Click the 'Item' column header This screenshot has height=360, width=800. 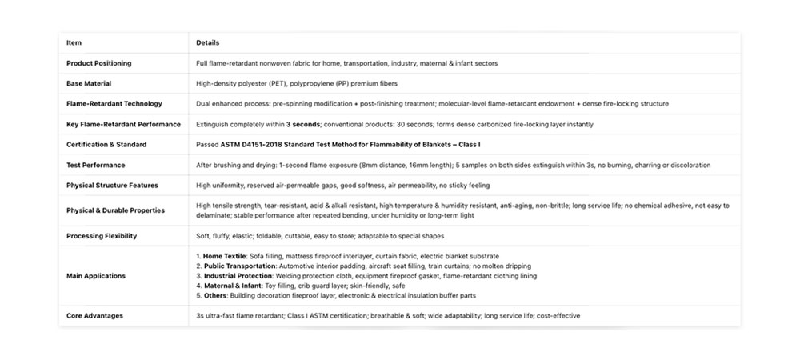point(74,42)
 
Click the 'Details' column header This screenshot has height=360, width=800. point(207,42)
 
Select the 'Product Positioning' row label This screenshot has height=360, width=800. point(98,63)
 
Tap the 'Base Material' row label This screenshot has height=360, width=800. point(88,83)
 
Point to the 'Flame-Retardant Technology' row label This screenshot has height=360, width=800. point(114,104)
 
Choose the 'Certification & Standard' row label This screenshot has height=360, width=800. point(106,145)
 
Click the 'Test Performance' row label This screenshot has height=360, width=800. point(95,165)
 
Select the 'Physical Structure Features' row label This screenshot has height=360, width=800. point(112,186)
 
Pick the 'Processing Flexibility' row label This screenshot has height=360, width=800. point(102,236)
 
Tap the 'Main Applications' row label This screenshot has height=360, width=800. point(95,276)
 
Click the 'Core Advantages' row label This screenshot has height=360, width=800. point(94,316)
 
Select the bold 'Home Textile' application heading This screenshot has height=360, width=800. point(226,256)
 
